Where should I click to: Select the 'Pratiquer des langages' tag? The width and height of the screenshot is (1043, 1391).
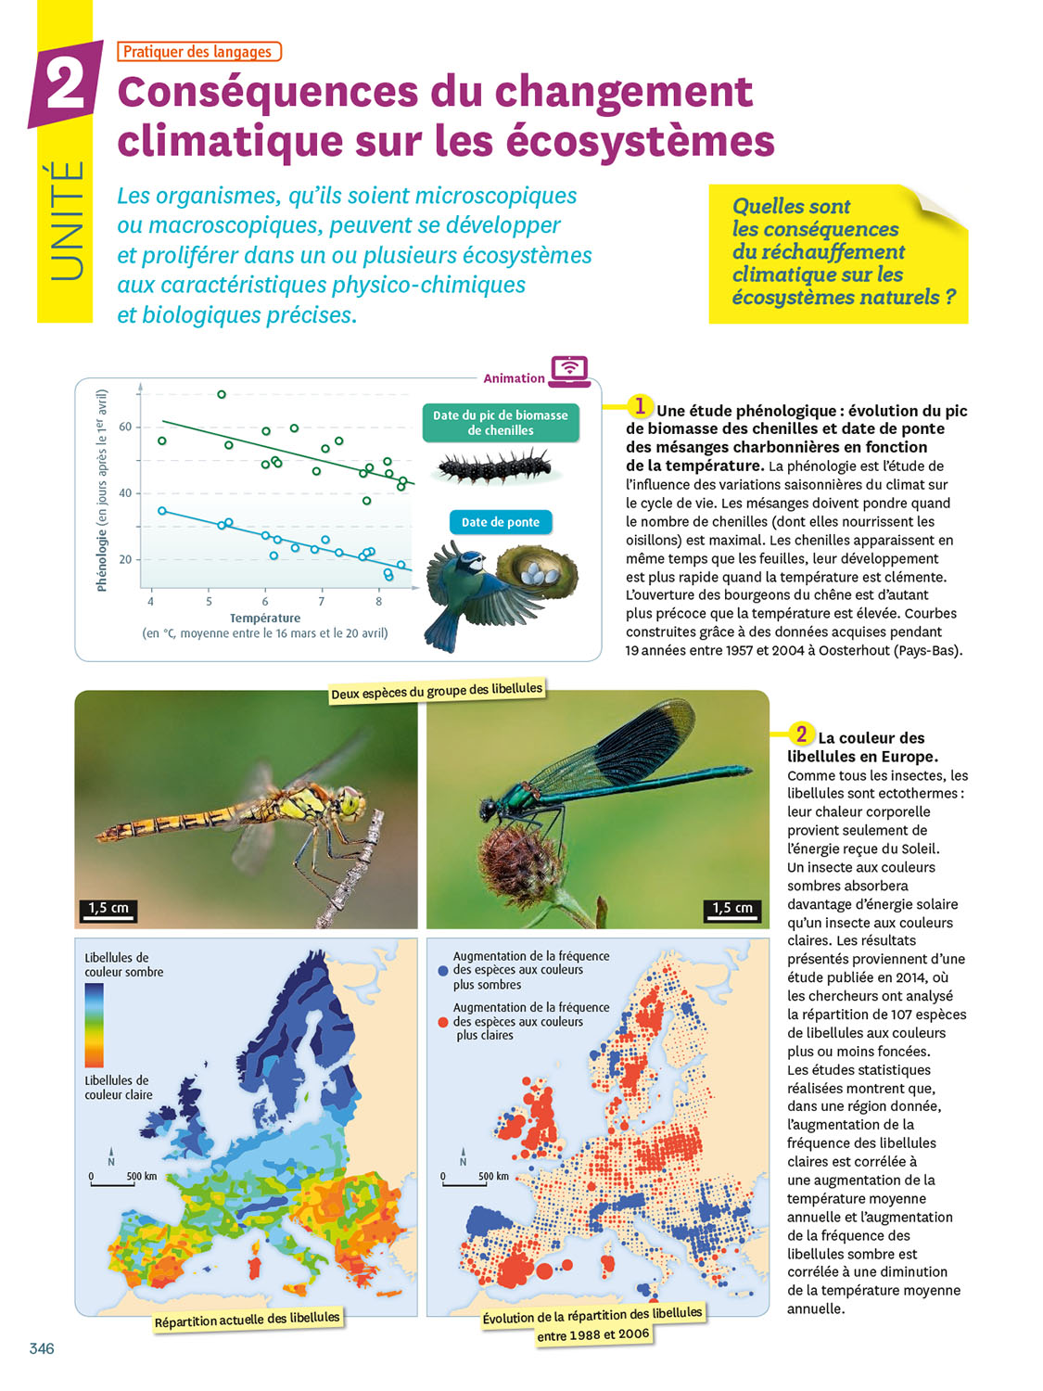pos(198,52)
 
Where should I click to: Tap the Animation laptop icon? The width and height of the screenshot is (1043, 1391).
pos(569,370)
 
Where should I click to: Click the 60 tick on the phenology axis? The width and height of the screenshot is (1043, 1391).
pos(125,428)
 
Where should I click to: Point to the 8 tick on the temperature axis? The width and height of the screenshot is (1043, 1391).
pos(378,602)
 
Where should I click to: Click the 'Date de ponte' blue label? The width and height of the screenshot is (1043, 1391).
pos(501,522)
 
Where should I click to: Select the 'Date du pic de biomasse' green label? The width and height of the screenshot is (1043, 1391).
pos(501,423)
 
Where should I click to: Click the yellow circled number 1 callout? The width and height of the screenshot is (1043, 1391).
pos(640,406)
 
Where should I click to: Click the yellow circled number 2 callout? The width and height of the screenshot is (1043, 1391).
pos(801,734)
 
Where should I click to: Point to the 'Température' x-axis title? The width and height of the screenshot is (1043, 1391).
pos(265,619)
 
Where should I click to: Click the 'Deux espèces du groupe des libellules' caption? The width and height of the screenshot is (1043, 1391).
pos(437,691)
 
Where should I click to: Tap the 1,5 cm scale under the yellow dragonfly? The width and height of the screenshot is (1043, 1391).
pos(108,909)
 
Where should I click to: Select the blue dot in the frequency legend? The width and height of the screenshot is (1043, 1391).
pos(443,971)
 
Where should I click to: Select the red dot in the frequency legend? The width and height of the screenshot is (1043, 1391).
pos(443,1022)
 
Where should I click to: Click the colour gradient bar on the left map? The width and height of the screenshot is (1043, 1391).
pos(95,1025)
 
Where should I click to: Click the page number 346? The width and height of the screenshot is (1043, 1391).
pos(42,1348)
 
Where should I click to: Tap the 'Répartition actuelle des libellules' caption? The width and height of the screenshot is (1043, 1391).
pos(248,1320)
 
